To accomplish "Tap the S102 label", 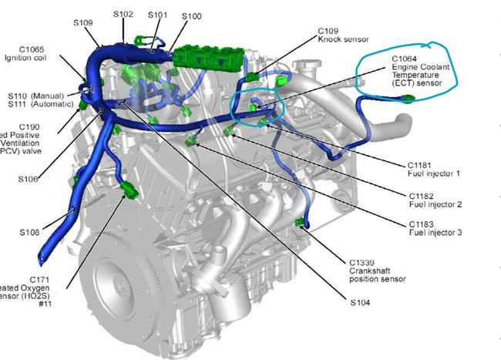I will [x=123, y=14].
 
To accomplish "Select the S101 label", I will [x=156, y=14].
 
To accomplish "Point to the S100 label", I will [x=192, y=15].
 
